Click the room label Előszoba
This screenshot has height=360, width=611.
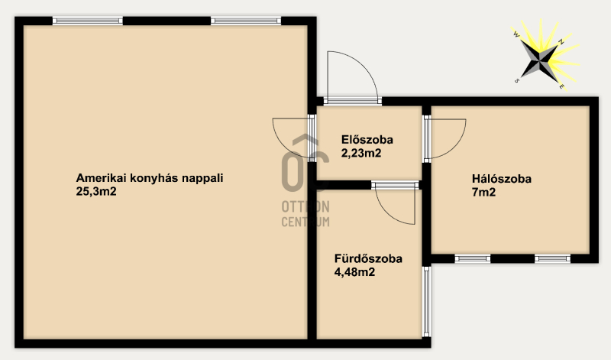click(367, 140)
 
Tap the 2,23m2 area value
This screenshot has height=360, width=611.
click(361, 154)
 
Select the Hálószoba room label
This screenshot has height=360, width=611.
click(502, 179)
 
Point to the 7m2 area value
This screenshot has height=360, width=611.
click(483, 193)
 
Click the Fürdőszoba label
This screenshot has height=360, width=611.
click(368, 258)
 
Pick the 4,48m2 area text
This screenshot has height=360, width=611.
click(354, 272)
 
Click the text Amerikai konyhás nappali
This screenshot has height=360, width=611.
click(150, 179)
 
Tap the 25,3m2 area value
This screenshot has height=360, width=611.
click(96, 192)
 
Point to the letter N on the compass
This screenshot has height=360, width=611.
click(561, 41)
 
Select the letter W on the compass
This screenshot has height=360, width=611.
click(516, 34)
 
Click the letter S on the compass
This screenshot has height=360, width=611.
click(517, 81)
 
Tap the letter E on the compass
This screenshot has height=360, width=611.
click(561, 86)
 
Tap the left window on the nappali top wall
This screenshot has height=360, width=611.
click(88, 21)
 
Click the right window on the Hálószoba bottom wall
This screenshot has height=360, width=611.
click(552, 258)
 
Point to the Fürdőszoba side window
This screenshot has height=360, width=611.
click(427, 301)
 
